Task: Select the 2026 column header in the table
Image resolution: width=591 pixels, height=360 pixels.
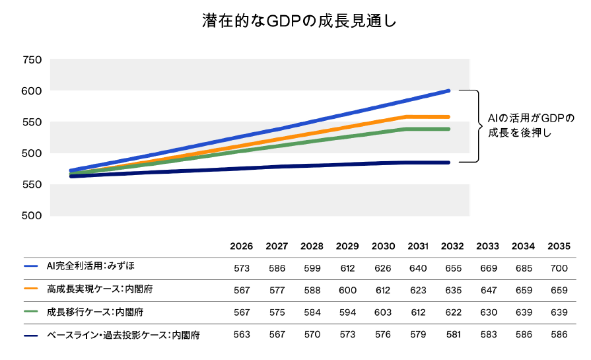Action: coord(242,246)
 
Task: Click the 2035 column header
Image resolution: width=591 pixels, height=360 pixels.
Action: coord(558,246)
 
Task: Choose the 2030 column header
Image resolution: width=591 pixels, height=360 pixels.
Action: coord(383,246)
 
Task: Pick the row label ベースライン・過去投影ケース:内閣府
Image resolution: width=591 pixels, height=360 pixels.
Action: coord(123,335)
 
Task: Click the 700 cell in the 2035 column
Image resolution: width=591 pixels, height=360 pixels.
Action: coord(558,268)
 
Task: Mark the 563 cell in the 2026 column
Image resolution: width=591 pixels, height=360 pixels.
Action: coord(242,334)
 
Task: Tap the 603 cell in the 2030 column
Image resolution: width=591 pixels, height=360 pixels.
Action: coord(383,312)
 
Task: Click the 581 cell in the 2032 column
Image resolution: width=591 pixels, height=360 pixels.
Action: coord(454,334)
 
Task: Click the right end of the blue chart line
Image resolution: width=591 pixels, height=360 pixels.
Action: coord(449,90)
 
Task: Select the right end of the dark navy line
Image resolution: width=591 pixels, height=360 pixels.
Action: coord(449,162)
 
